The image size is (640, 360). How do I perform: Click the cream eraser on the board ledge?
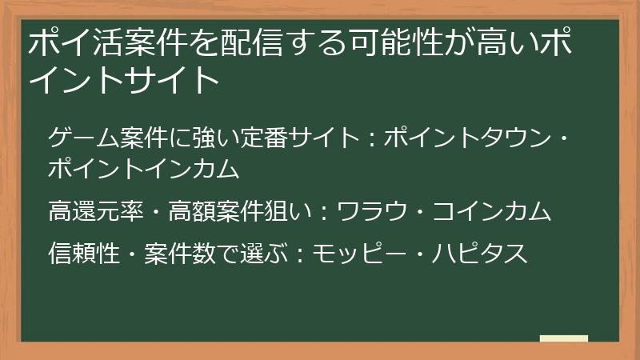pyautogui.click(x=563, y=338)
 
